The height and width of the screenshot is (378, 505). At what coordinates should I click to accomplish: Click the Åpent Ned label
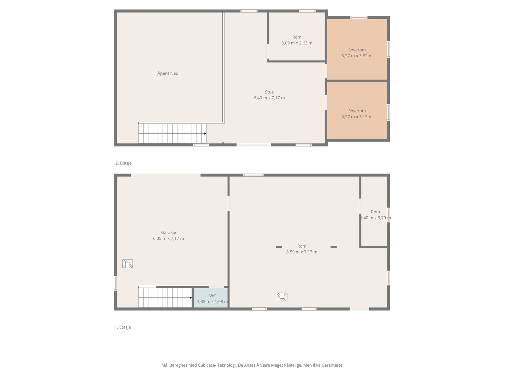(168, 73)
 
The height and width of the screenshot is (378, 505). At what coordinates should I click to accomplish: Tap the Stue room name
(269, 92)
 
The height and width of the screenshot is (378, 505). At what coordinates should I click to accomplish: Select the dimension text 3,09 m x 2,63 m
(297, 43)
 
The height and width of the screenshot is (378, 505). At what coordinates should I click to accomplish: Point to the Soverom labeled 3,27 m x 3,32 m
(357, 50)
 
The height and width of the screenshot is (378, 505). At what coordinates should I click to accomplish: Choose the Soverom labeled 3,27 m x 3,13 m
(357, 111)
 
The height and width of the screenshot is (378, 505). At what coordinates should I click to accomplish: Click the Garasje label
(169, 232)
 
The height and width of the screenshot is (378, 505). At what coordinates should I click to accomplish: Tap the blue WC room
(211, 298)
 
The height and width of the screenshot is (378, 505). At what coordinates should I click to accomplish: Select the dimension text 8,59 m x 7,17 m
(302, 252)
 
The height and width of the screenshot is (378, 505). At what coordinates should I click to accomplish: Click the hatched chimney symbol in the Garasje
(128, 264)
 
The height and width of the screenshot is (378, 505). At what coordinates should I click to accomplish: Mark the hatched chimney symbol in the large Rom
(282, 297)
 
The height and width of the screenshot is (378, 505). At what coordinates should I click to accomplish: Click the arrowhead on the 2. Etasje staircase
(205, 134)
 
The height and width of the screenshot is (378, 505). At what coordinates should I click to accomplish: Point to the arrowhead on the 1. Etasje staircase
(191, 298)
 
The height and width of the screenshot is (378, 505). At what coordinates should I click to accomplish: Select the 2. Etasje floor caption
(123, 163)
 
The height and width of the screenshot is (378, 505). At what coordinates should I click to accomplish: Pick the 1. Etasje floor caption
(123, 327)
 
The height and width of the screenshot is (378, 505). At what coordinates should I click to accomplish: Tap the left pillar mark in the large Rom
(279, 247)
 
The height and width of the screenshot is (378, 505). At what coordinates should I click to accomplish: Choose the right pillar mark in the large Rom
(334, 247)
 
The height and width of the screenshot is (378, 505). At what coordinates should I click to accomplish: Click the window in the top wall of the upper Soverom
(359, 17)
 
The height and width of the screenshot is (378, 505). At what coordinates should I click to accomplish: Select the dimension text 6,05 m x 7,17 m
(169, 238)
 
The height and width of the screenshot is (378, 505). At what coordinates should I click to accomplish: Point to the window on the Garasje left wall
(115, 283)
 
